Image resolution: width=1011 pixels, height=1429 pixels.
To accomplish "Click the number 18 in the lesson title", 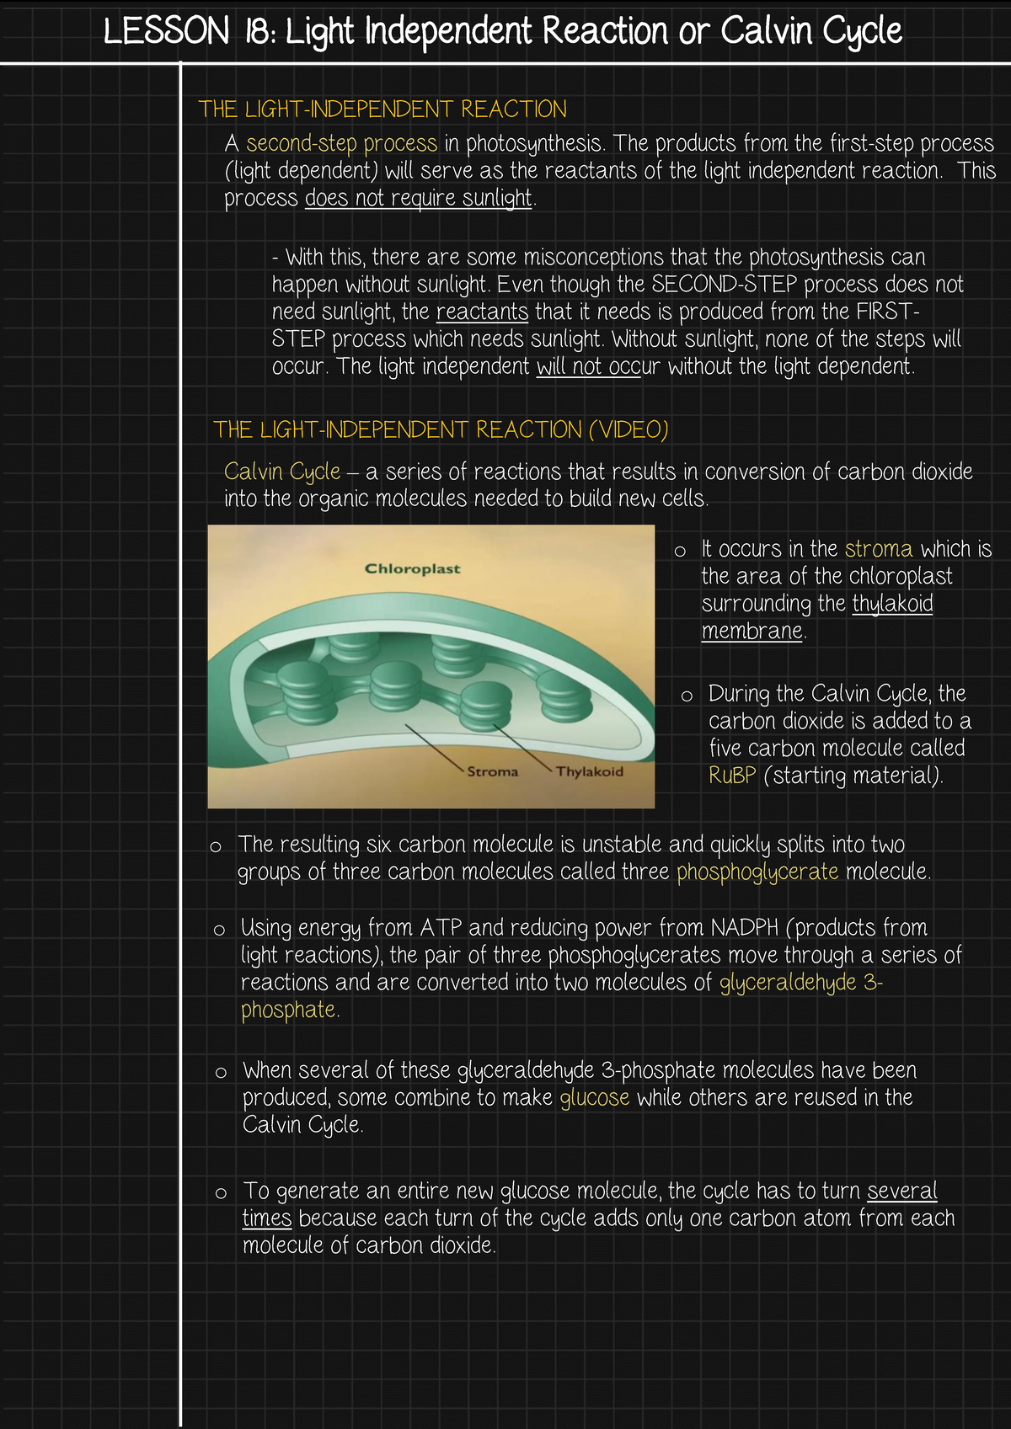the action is (x=259, y=30).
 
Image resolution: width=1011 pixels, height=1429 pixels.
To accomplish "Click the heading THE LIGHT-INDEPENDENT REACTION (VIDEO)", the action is (x=441, y=429).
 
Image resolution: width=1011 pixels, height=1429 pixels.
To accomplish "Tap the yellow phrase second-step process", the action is (x=341, y=143).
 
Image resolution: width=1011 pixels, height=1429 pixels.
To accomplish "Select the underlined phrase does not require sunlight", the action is (x=418, y=198).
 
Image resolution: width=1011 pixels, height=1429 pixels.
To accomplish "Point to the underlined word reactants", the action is (x=482, y=312).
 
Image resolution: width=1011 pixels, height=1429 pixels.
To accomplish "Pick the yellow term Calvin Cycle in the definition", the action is (x=282, y=472).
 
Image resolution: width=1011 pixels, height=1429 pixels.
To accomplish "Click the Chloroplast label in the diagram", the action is (x=412, y=568).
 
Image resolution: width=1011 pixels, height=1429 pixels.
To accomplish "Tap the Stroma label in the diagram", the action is (x=492, y=771).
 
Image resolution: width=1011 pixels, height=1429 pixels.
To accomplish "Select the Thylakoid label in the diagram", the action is (x=589, y=771).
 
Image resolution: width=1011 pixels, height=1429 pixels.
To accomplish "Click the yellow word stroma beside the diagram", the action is (x=878, y=549).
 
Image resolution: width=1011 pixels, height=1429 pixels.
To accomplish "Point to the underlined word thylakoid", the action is (x=892, y=604).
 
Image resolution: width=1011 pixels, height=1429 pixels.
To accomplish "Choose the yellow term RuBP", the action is (x=732, y=775).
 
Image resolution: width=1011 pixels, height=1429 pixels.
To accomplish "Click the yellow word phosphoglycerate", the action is (x=757, y=872).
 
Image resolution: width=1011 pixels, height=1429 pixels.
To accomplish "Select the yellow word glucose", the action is (x=594, y=1097).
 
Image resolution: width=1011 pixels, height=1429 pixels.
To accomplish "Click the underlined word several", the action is (x=901, y=1191).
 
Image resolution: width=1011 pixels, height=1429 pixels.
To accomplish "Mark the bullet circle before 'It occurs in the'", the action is (x=680, y=551).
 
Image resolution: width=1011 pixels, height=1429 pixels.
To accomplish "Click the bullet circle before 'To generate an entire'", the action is (x=221, y=1192).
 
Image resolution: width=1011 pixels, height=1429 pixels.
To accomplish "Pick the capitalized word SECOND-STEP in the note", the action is (x=724, y=284).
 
